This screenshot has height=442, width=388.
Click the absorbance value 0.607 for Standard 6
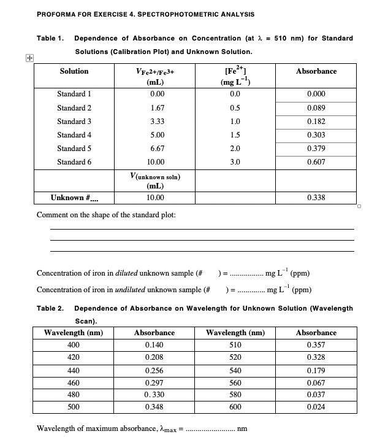316,162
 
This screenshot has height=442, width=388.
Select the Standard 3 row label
74,122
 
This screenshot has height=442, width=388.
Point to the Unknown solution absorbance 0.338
316,198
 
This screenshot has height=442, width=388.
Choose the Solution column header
74,72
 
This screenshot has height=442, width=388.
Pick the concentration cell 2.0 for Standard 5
235,149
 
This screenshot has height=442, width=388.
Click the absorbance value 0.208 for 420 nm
154,358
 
